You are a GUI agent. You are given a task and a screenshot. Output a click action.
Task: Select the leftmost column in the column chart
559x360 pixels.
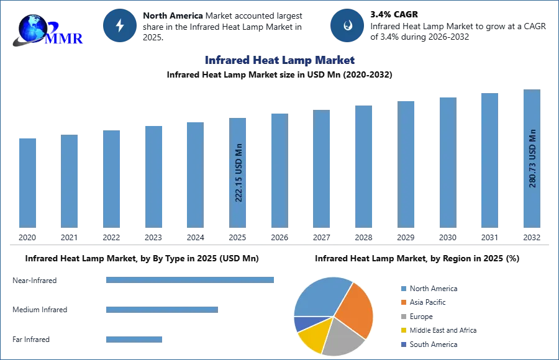click(x=27, y=181)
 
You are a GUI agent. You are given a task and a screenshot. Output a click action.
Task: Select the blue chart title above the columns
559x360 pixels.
click(x=279, y=60)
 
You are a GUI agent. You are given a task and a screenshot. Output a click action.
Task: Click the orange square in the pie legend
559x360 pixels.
click(x=403, y=303)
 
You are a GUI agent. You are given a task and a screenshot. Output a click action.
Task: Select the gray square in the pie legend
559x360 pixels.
click(x=403, y=317)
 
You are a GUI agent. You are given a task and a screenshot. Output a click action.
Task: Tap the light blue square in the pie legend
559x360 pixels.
click(x=403, y=288)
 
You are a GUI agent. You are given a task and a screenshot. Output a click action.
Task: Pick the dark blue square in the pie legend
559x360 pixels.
click(x=403, y=343)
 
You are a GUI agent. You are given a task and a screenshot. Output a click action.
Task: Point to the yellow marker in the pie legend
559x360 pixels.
click(x=403, y=330)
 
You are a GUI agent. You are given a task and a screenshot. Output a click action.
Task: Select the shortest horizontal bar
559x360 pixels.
click(x=134, y=338)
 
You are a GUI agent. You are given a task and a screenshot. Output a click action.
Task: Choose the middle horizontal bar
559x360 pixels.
click(x=161, y=308)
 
